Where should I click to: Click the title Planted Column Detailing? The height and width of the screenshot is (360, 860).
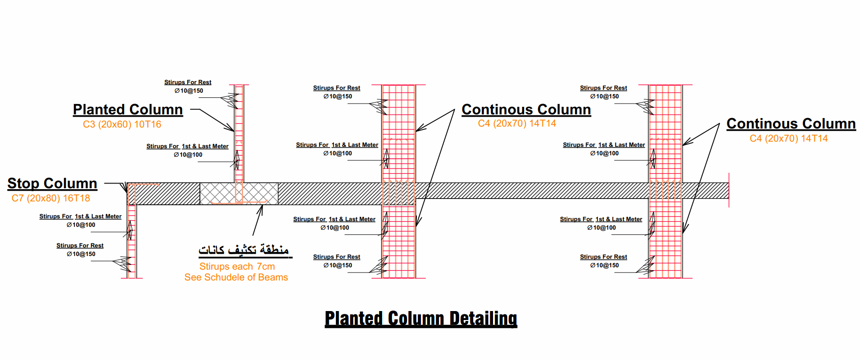(x=421, y=319)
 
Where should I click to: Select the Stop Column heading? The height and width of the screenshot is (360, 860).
(x=52, y=183)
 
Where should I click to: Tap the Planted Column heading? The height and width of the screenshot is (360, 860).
(x=127, y=110)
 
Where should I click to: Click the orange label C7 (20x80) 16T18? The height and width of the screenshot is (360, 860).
(x=51, y=198)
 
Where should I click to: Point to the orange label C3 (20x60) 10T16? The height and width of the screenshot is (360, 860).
(x=122, y=124)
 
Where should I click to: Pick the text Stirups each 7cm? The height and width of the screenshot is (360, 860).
(x=237, y=266)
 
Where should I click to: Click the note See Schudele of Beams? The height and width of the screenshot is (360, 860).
(x=236, y=277)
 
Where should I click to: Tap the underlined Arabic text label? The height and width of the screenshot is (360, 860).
(x=244, y=249)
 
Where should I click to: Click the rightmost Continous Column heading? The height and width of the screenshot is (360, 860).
(x=791, y=124)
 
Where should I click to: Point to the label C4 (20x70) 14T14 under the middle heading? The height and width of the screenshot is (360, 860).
(x=517, y=123)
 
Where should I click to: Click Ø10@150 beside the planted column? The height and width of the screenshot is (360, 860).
(x=189, y=91)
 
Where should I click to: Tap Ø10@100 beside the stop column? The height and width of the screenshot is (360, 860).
(x=81, y=225)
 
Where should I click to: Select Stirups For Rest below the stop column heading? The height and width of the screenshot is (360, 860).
(x=80, y=246)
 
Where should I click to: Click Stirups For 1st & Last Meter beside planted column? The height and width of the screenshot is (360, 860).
(x=187, y=146)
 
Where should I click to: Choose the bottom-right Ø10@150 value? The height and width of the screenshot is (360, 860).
(x=604, y=265)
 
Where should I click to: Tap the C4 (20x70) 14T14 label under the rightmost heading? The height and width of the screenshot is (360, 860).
(x=788, y=138)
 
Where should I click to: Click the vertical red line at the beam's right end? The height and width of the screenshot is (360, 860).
(x=729, y=190)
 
